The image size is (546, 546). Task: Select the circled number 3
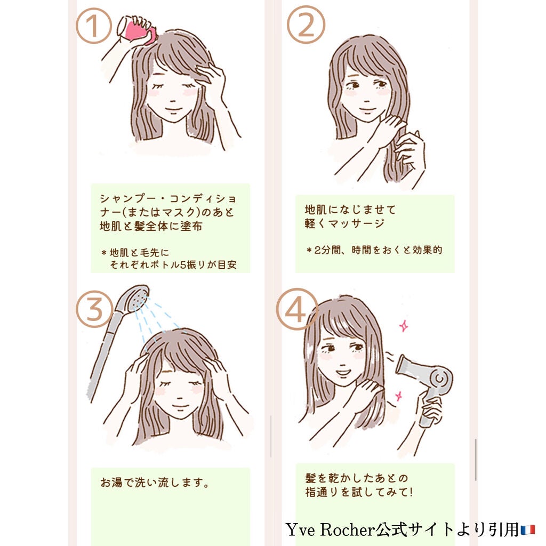point(94,310)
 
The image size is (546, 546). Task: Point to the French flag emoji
point(528,530)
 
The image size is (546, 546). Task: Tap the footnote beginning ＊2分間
point(374,250)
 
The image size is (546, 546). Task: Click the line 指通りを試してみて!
point(358,493)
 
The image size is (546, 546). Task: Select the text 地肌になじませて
point(350,208)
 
